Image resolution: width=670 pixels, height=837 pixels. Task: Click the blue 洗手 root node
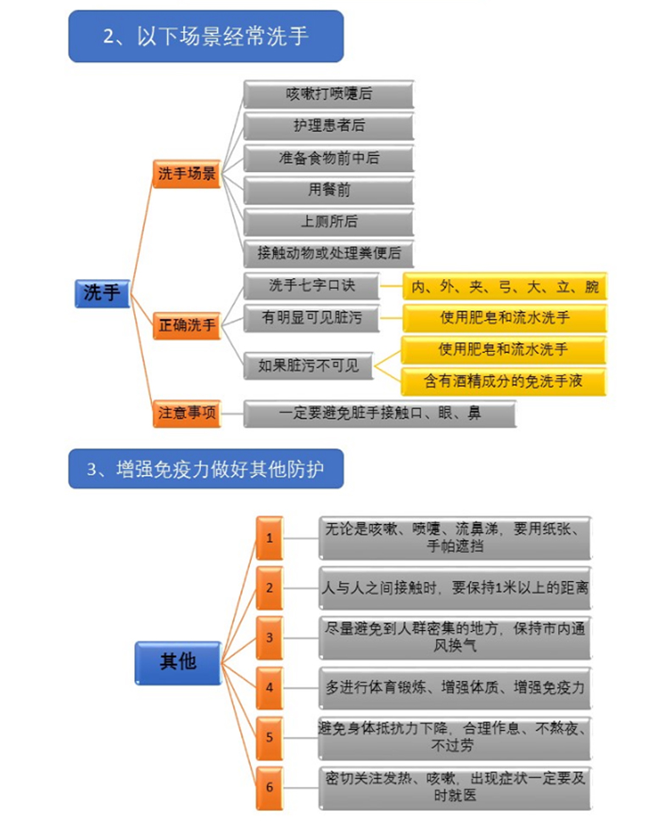[x=101, y=292]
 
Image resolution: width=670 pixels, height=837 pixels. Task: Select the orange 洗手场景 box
[x=187, y=174]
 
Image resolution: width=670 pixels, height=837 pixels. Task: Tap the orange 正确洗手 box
[x=187, y=325]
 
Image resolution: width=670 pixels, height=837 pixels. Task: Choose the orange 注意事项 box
[x=187, y=413]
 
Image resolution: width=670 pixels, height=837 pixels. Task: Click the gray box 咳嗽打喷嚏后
[x=328, y=94]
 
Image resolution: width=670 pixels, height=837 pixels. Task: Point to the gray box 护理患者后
[x=328, y=126]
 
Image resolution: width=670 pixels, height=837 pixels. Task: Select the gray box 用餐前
[x=328, y=190]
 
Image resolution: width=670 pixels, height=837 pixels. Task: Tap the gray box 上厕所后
[x=328, y=221]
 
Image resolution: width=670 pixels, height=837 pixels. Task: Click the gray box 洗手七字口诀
[x=311, y=286]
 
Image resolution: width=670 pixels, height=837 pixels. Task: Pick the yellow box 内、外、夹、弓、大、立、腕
[x=505, y=287]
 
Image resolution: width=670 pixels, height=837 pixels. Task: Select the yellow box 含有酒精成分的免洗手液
[x=505, y=381]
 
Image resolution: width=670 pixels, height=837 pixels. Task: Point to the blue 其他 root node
[x=178, y=661]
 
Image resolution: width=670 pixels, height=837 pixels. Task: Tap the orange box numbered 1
[x=270, y=538]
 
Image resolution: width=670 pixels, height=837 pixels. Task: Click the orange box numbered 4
[x=270, y=687]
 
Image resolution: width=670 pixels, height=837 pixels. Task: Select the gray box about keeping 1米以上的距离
[x=455, y=587]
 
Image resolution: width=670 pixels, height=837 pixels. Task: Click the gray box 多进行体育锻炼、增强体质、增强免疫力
[x=455, y=687]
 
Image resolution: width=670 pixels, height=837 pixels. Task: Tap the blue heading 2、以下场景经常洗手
[x=206, y=36]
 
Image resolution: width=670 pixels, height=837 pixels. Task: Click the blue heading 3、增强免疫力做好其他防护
[x=206, y=468]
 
